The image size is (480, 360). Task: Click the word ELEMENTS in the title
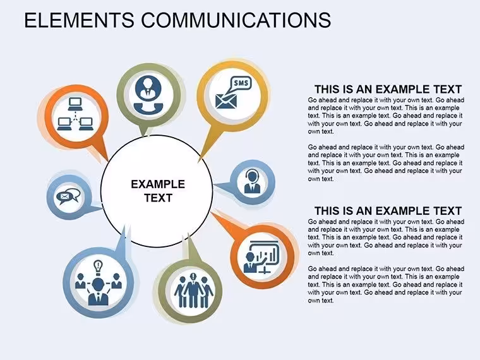click(79, 20)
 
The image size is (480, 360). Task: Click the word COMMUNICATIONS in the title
click(236, 20)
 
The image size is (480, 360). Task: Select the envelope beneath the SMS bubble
click(226, 101)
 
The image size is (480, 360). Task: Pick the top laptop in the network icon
click(75, 104)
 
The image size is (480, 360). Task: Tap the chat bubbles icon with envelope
click(69, 196)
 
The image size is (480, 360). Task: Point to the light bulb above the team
click(98, 267)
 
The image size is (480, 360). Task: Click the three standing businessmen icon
click(193, 291)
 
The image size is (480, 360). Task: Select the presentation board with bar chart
click(265, 255)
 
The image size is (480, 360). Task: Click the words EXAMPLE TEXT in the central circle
click(158, 191)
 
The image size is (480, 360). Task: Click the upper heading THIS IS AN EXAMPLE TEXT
click(388, 90)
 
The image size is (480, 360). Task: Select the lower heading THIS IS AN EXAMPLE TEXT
click(388, 211)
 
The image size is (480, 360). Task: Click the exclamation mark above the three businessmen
click(193, 277)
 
